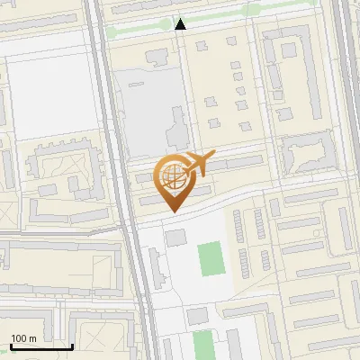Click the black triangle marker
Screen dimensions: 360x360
click(181, 25)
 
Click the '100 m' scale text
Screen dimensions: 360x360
click(23, 338)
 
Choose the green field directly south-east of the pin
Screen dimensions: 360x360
click(211, 258)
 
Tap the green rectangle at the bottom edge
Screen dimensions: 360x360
click(203, 344)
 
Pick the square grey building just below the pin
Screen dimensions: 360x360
click(175, 237)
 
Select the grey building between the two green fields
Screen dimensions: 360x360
click(197, 315)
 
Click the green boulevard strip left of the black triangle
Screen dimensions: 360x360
click(135, 30)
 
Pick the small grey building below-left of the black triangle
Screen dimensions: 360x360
click(155, 57)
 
